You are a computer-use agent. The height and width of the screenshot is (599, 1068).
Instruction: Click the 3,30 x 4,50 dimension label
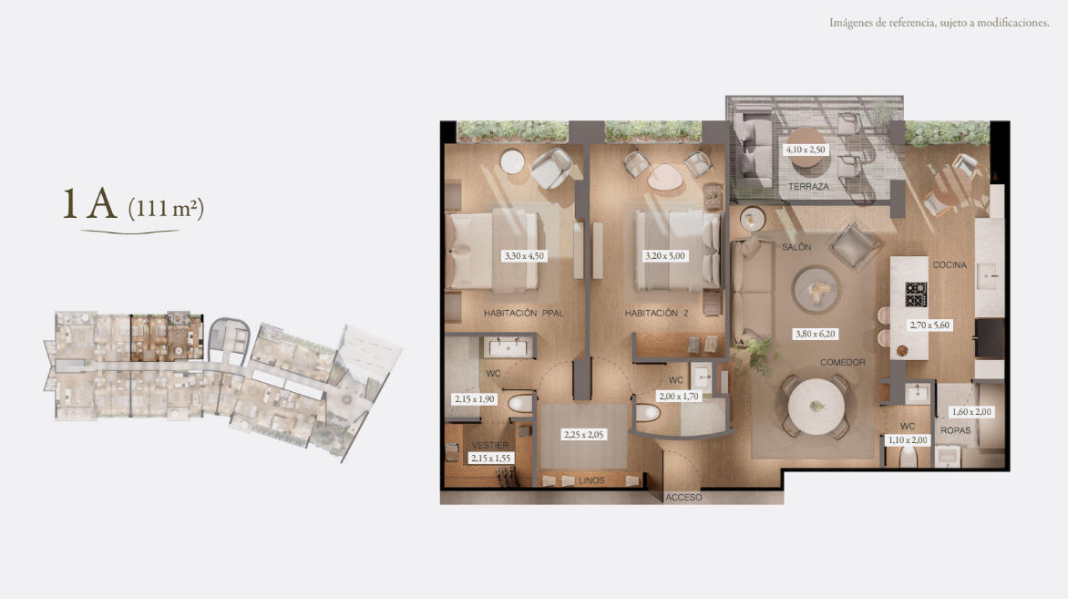524,256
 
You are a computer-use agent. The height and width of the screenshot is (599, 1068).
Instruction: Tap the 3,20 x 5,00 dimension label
665,256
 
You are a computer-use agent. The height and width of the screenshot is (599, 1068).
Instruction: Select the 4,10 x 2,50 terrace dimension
806,150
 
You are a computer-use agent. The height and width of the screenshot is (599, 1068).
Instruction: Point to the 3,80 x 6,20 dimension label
816,334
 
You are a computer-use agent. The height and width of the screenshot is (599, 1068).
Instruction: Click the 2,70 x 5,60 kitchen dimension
929,325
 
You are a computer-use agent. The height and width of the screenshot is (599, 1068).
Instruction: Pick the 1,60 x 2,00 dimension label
971,411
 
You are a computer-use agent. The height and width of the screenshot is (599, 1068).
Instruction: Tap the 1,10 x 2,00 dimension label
908,440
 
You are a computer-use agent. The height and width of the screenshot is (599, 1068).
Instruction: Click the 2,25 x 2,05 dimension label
584,435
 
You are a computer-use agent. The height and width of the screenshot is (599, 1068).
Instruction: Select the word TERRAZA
808,186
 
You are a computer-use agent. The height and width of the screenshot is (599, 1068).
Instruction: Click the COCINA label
950,265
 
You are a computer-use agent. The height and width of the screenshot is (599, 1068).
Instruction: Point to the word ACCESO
683,498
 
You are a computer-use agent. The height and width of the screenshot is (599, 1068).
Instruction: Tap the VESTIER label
490,445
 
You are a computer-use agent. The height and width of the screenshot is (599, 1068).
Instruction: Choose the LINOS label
591,480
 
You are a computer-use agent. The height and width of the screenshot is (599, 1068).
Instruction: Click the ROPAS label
956,430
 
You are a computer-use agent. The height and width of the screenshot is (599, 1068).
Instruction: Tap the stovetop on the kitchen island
916,294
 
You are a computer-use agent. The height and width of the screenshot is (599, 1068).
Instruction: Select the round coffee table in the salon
816,290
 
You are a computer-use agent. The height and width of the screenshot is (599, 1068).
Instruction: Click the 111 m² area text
166,208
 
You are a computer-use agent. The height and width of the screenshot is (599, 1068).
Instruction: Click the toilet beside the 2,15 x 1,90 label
520,405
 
